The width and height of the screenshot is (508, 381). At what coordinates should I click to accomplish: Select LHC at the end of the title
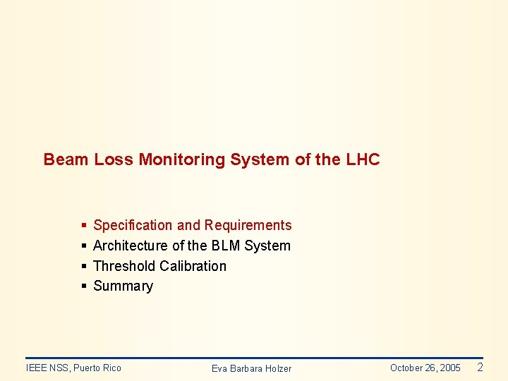click(x=363, y=159)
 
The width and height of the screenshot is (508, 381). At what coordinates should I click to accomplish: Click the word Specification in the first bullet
click(x=133, y=225)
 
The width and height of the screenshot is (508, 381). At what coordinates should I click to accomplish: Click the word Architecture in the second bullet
click(x=131, y=246)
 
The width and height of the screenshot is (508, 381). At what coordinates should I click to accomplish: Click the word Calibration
click(x=193, y=266)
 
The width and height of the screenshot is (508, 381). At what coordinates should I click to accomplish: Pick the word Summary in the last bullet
click(x=123, y=286)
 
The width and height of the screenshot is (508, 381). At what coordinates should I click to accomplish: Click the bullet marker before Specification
click(x=83, y=226)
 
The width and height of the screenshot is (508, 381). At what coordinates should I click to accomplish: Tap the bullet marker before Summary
click(x=83, y=286)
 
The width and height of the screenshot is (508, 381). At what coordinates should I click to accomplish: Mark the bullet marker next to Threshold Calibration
click(x=83, y=267)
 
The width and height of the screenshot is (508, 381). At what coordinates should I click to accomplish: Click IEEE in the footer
click(x=36, y=368)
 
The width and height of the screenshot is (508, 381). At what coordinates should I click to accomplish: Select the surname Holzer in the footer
click(x=276, y=368)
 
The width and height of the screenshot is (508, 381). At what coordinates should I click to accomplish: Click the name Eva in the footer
click(x=219, y=368)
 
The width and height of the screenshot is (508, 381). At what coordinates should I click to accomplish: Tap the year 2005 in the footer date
click(x=449, y=368)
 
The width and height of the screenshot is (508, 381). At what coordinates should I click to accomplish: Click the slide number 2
click(x=480, y=367)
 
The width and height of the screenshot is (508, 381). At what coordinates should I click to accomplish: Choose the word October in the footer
click(x=406, y=368)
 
